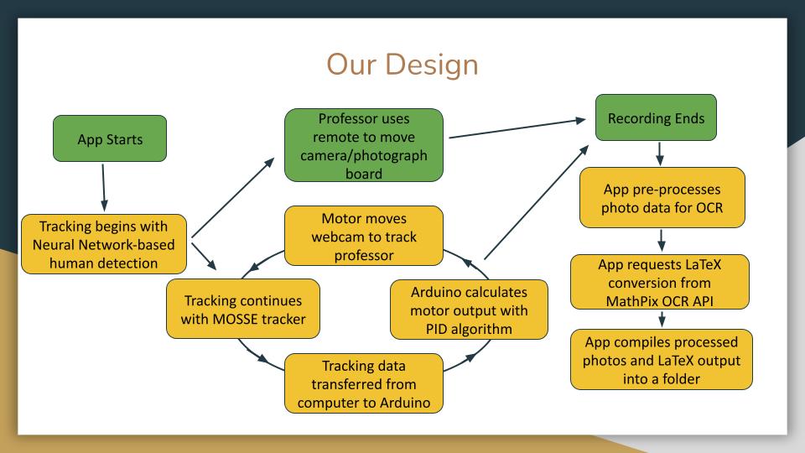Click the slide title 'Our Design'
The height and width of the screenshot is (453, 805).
pyautogui.click(x=402, y=64)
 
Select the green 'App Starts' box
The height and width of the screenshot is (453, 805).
pyautogui.click(x=110, y=139)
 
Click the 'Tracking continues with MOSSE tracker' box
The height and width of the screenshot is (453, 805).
pyautogui.click(x=242, y=310)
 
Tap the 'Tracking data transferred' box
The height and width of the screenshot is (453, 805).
pyautogui.click(x=363, y=383)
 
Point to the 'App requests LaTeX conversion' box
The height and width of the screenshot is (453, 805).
pyautogui.click(x=660, y=282)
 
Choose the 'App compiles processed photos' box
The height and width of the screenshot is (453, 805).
pyautogui.click(x=661, y=359)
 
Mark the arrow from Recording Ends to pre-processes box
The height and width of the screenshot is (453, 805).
pyautogui.click(x=661, y=154)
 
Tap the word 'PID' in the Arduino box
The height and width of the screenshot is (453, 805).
pyautogui.click(x=444, y=328)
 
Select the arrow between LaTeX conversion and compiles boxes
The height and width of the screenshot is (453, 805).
pyautogui.click(x=662, y=319)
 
